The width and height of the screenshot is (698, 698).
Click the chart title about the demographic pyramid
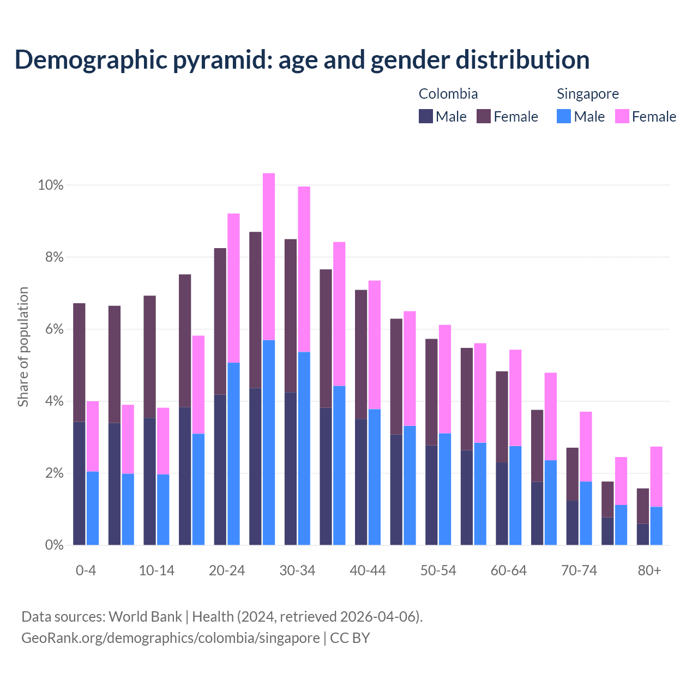(x=302, y=60)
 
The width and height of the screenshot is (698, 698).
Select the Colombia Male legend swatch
(x=426, y=117)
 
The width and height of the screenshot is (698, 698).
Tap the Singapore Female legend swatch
(x=622, y=117)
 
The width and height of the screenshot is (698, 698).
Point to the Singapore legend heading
(x=587, y=94)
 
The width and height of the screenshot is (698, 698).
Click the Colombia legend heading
(x=448, y=94)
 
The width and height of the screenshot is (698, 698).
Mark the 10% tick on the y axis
(x=51, y=185)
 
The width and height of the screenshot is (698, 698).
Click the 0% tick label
(x=54, y=545)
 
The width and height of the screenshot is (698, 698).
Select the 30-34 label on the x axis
(x=297, y=571)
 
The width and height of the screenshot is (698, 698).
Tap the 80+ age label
(x=649, y=571)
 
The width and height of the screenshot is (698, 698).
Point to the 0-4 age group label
(x=86, y=571)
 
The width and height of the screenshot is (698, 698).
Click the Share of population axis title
(x=23, y=347)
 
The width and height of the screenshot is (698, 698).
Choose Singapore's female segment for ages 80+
(x=656, y=477)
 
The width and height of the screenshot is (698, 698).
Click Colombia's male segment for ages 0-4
(x=79, y=483)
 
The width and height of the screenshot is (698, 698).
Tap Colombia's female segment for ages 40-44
(x=361, y=354)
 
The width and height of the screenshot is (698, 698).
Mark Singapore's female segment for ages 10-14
(x=163, y=441)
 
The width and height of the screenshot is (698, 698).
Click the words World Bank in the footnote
(x=145, y=617)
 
